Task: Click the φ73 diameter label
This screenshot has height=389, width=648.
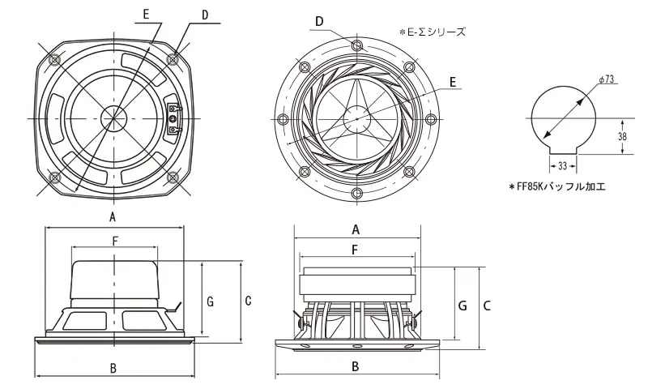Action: click(609, 79)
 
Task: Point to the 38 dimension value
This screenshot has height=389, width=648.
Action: click(622, 137)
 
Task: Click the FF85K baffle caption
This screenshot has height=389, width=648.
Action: click(558, 186)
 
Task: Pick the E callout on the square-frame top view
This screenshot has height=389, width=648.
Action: click(145, 15)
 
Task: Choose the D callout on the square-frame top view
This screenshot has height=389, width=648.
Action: click(204, 15)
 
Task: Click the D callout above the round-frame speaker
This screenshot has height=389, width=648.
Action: click(320, 20)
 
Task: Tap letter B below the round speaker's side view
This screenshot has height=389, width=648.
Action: click(356, 366)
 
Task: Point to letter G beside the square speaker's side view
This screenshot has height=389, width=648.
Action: click(210, 301)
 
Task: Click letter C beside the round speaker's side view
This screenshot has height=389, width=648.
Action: click(488, 306)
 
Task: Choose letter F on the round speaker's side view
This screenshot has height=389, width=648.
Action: click(356, 250)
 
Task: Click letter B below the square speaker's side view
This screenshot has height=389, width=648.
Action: click(113, 367)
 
